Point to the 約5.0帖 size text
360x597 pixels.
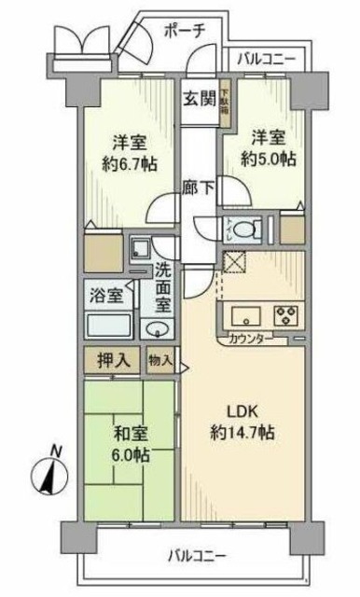(x=271, y=159)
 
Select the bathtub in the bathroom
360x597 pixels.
(x=108, y=326)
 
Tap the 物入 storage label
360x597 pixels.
(x=159, y=359)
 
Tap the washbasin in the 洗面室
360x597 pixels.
(x=156, y=327)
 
